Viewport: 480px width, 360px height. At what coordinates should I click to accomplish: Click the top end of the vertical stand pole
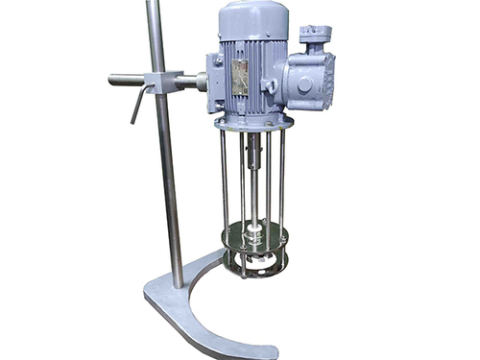click(153, 5)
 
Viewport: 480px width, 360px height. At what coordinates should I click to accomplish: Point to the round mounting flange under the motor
click(253, 122)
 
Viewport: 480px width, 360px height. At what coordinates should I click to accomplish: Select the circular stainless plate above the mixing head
click(253, 236)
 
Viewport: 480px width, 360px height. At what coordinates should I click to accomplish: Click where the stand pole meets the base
click(179, 282)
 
